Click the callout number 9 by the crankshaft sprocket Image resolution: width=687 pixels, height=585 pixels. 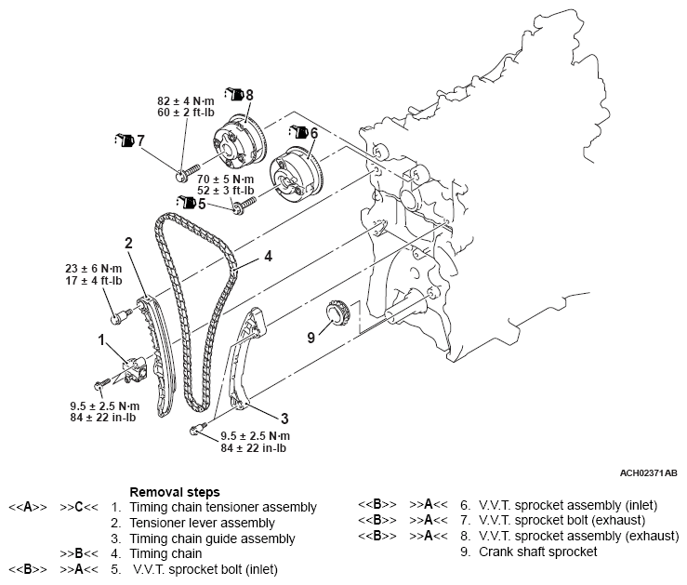[x=312, y=337]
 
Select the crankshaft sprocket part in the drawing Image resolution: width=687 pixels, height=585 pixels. [x=336, y=315]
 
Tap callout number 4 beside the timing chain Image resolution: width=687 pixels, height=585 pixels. [x=267, y=254]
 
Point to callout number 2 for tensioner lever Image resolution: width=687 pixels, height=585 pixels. [x=129, y=243]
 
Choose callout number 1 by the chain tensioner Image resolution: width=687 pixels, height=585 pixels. [x=101, y=339]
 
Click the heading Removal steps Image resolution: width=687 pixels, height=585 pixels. [x=175, y=492]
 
